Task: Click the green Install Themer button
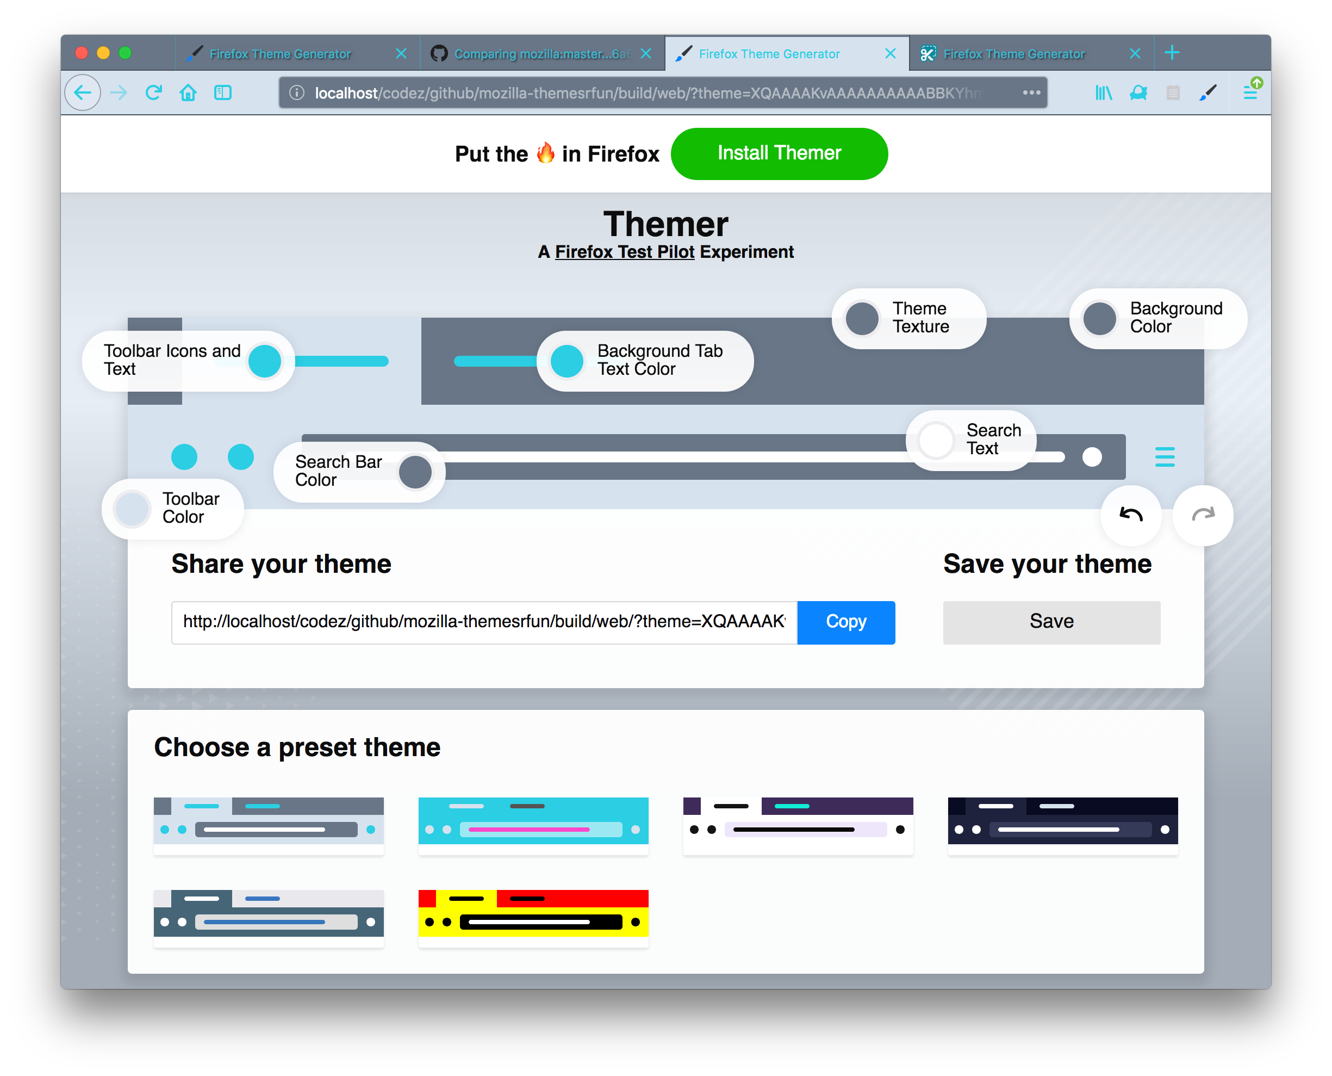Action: click(779, 154)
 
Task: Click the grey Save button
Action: click(1051, 622)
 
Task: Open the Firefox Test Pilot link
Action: click(624, 252)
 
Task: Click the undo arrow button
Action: click(1130, 515)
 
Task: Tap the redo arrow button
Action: click(1202, 515)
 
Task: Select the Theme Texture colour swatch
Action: click(862, 319)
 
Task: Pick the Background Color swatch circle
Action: click(1099, 319)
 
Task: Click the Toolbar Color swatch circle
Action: click(132, 508)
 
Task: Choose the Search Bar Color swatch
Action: click(414, 472)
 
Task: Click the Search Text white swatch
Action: click(936, 440)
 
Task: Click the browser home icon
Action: click(188, 93)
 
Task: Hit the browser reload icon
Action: click(153, 93)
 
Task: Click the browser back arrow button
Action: click(83, 93)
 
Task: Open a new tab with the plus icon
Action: click(1171, 53)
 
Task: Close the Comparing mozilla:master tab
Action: click(645, 54)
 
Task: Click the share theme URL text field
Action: click(483, 622)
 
